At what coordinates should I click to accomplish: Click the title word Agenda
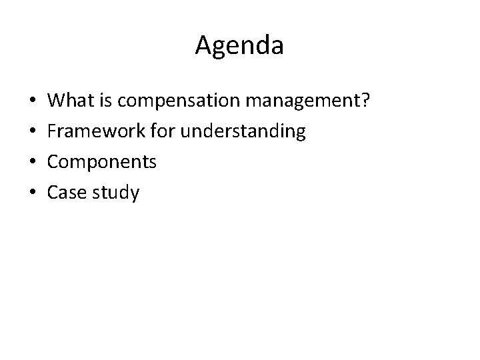[240, 46]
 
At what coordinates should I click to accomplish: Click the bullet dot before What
[33, 102]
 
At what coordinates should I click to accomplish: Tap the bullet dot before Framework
[33, 133]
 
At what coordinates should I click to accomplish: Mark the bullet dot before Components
[33, 163]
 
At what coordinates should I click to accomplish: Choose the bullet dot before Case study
[33, 194]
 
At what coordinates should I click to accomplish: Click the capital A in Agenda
[204, 46]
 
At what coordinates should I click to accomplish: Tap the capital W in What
[58, 101]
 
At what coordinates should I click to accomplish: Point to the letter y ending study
[135, 195]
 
